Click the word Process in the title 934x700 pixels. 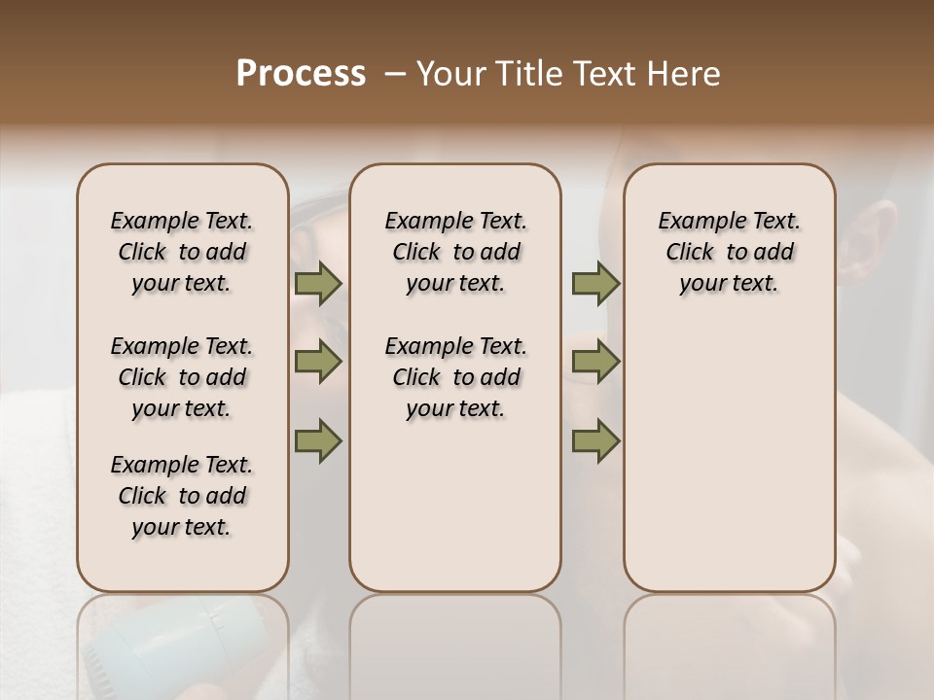pyautogui.click(x=301, y=74)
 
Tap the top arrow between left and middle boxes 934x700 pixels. pyautogui.click(x=318, y=284)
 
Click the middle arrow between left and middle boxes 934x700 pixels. pyautogui.click(x=318, y=363)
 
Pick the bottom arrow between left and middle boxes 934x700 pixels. pyautogui.click(x=318, y=440)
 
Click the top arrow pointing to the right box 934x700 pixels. pyautogui.click(x=595, y=284)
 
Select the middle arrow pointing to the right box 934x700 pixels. pyautogui.click(x=595, y=363)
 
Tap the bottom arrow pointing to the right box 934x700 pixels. pyautogui.click(x=595, y=440)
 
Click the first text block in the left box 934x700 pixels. pyautogui.click(x=182, y=252)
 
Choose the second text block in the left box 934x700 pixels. pyautogui.click(x=182, y=377)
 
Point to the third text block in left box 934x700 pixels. pyautogui.click(x=182, y=496)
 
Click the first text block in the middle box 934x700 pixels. pyautogui.click(x=455, y=252)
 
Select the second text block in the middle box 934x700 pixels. pyautogui.click(x=455, y=377)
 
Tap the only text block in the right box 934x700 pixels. pyautogui.click(x=730, y=252)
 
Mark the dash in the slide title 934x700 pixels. pyautogui.click(x=394, y=74)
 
